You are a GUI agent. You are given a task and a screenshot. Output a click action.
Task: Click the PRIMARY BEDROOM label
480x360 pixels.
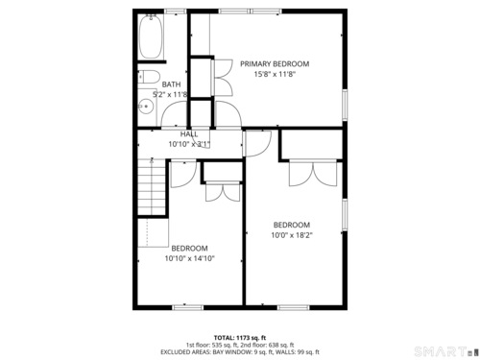[x=275, y=64]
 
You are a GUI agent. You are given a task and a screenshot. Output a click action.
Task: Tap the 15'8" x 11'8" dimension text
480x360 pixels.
[x=275, y=74]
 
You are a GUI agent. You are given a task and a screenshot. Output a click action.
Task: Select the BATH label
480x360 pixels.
[x=171, y=84]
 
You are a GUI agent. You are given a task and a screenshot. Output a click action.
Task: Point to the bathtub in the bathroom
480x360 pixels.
[x=151, y=36]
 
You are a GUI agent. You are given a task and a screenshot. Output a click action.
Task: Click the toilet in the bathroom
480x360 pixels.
[x=149, y=77]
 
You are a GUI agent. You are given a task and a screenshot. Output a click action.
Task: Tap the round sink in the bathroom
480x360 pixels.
[x=146, y=107]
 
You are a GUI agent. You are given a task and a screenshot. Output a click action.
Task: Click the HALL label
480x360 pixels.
[x=189, y=134]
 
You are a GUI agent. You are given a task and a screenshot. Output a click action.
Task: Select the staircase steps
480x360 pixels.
[x=152, y=187]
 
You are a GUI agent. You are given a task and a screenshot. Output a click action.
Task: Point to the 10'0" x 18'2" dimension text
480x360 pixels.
[x=292, y=235]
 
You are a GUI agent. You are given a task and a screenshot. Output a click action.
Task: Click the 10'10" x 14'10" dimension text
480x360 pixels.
[x=189, y=258]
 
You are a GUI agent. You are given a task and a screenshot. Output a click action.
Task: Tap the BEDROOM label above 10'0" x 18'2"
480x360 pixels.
[x=292, y=225]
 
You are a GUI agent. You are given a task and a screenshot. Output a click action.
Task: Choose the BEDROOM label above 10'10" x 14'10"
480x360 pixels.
[x=189, y=249]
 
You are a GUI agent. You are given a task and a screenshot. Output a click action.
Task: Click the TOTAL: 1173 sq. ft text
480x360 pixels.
[x=240, y=338]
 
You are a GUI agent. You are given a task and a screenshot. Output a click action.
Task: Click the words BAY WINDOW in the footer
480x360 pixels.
[x=228, y=352]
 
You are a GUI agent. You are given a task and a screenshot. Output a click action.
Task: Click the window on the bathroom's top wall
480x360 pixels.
[x=176, y=12]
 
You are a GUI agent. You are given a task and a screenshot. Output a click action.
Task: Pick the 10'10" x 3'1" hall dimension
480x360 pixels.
[x=189, y=144]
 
